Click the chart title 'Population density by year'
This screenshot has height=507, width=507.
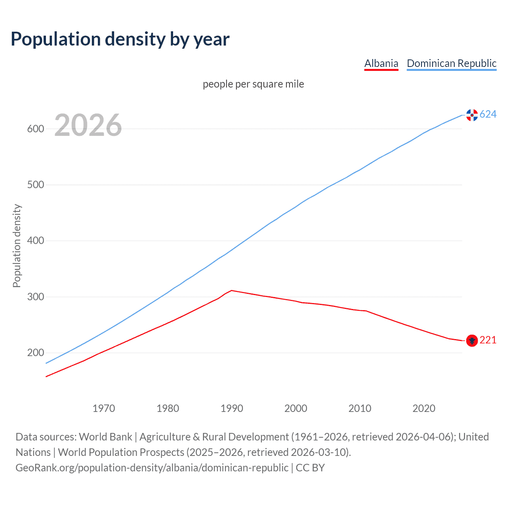point(120,39)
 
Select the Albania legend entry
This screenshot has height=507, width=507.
point(381,63)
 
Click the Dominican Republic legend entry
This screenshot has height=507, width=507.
point(452,63)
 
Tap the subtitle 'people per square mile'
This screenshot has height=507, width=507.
point(253,84)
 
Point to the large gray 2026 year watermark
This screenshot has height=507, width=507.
point(88,125)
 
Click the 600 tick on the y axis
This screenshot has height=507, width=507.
point(36,129)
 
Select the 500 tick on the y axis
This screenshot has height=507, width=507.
point(36,185)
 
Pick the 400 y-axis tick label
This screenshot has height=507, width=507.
point(36,241)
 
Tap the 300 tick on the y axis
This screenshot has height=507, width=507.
point(36,297)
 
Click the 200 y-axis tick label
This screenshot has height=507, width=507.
point(36,353)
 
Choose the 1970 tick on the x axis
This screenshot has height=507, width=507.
point(104,408)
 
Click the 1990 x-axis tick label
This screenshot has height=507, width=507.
point(232,408)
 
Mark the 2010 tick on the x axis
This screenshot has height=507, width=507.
point(360,408)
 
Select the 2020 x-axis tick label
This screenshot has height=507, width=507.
point(424,408)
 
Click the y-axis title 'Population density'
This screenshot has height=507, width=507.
point(17,246)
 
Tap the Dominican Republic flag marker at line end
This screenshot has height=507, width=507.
point(472,115)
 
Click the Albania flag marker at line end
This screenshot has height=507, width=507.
point(472,340)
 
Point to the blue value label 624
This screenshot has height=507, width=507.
point(488,114)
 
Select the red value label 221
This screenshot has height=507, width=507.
point(488,340)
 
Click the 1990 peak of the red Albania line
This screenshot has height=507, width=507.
point(232,290)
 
